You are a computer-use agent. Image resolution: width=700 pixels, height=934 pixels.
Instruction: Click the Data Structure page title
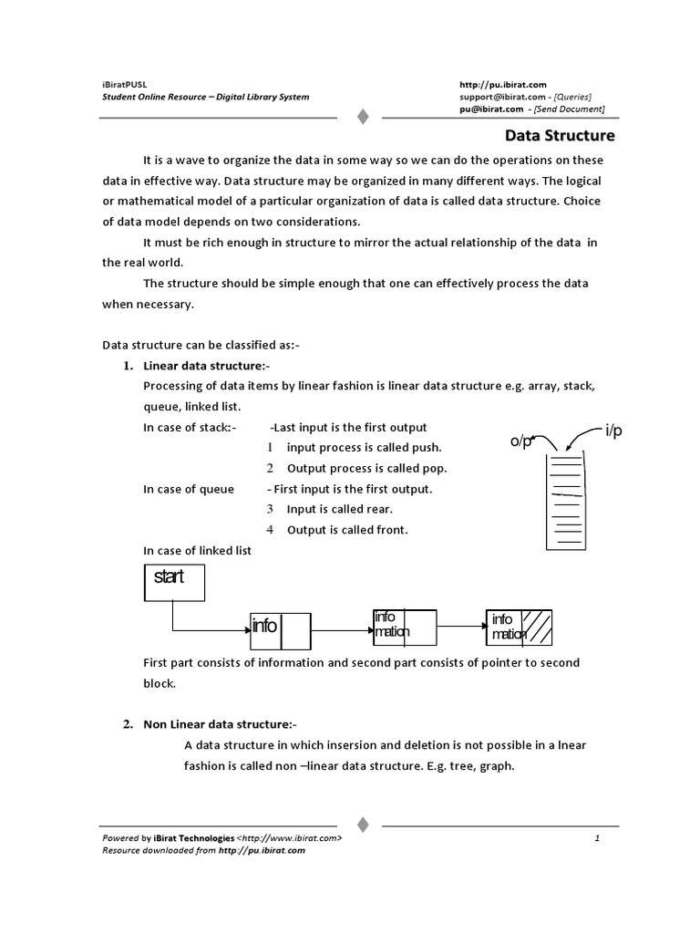tap(561, 136)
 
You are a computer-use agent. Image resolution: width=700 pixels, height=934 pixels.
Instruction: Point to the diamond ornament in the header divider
tap(362, 117)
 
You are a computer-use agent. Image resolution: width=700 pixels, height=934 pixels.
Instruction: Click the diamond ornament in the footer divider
tap(362, 824)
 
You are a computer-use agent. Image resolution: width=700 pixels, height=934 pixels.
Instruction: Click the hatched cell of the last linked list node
tap(541, 626)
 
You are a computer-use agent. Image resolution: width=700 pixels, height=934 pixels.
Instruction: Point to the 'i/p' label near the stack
tap(612, 431)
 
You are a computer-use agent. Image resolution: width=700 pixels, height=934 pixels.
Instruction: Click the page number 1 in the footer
tap(597, 837)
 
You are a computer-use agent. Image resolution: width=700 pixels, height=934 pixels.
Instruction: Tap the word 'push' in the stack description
tap(426, 448)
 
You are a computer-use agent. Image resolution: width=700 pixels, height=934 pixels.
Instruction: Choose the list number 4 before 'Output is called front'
tap(270, 530)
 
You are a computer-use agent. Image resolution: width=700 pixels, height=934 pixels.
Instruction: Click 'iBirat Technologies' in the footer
tap(193, 837)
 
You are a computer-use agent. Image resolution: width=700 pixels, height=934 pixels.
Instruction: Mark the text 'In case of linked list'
tap(198, 551)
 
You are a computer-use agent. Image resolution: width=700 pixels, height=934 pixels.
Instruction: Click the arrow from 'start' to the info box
tap(210, 630)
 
